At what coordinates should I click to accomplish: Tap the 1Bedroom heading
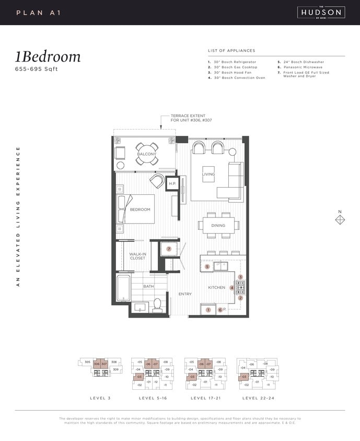point(48,57)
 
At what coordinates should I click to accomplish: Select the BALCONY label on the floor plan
point(146,154)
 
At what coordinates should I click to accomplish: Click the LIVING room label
point(208,174)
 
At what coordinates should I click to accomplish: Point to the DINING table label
point(218,226)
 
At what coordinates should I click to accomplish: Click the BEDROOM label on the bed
point(140,210)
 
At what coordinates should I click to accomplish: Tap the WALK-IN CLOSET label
point(137,256)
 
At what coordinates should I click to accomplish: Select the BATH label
point(148,286)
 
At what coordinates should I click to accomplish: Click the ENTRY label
point(185,294)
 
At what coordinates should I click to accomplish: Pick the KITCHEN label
point(216,287)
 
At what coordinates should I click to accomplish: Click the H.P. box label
point(172,184)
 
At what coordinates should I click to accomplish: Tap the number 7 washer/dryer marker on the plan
point(169,249)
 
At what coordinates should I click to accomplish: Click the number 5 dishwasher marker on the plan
point(207,266)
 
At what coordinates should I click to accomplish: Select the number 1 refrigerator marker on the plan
point(208,310)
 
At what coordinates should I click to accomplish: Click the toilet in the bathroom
point(157,305)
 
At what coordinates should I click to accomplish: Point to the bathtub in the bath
point(123,288)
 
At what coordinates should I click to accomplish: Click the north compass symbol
point(340,219)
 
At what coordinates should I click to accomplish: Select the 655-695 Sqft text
point(37,69)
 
